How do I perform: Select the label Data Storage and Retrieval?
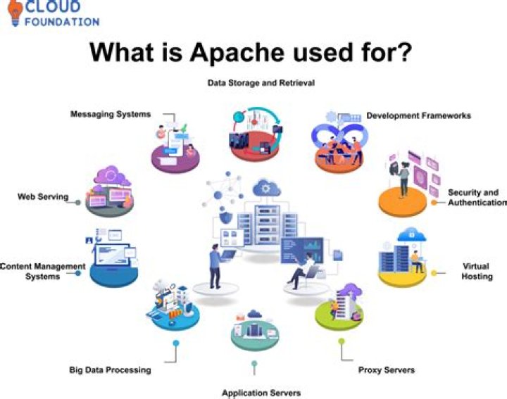pos(261,83)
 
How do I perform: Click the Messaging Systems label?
pos(110,114)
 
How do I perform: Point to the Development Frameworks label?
pos(418,115)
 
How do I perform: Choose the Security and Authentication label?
pos(473,198)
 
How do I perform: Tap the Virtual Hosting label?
pos(475,272)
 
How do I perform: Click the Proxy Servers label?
pos(386,369)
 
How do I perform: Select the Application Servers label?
pos(261,393)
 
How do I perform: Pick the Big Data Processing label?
pos(110,369)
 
